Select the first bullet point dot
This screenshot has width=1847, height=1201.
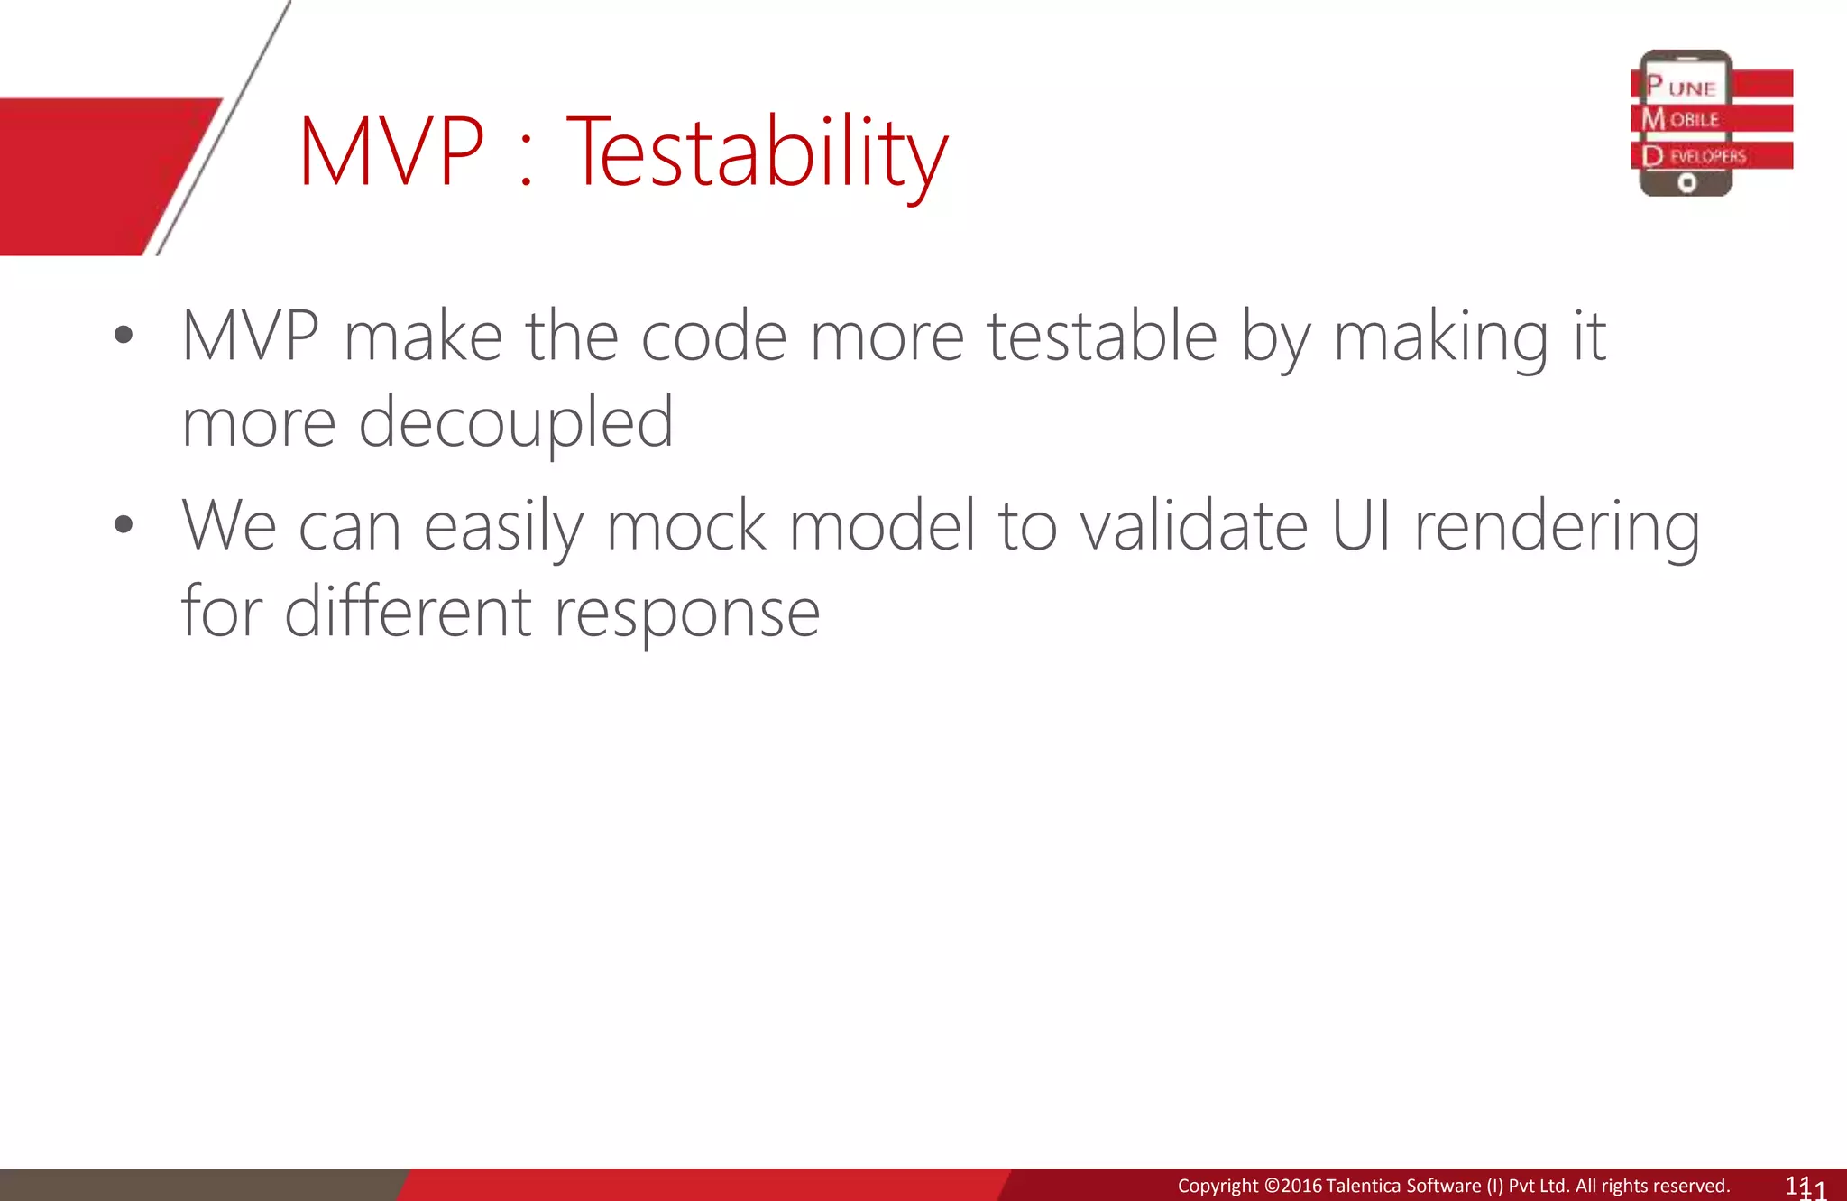pyautogui.click(x=124, y=336)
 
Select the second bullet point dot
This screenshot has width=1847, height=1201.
pyautogui.click(x=124, y=524)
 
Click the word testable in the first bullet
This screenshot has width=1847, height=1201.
pyautogui.click(x=1101, y=336)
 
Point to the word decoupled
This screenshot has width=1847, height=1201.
pyautogui.click(x=516, y=422)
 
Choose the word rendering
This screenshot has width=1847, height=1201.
pyautogui.click(x=1557, y=527)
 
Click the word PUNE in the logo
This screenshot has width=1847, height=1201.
pyautogui.click(x=1681, y=87)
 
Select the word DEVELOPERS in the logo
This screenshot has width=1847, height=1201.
pyautogui.click(x=1695, y=156)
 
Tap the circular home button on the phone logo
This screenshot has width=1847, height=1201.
pyautogui.click(x=1686, y=183)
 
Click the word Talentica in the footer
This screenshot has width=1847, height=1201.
pyautogui.click(x=1367, y=1186)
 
